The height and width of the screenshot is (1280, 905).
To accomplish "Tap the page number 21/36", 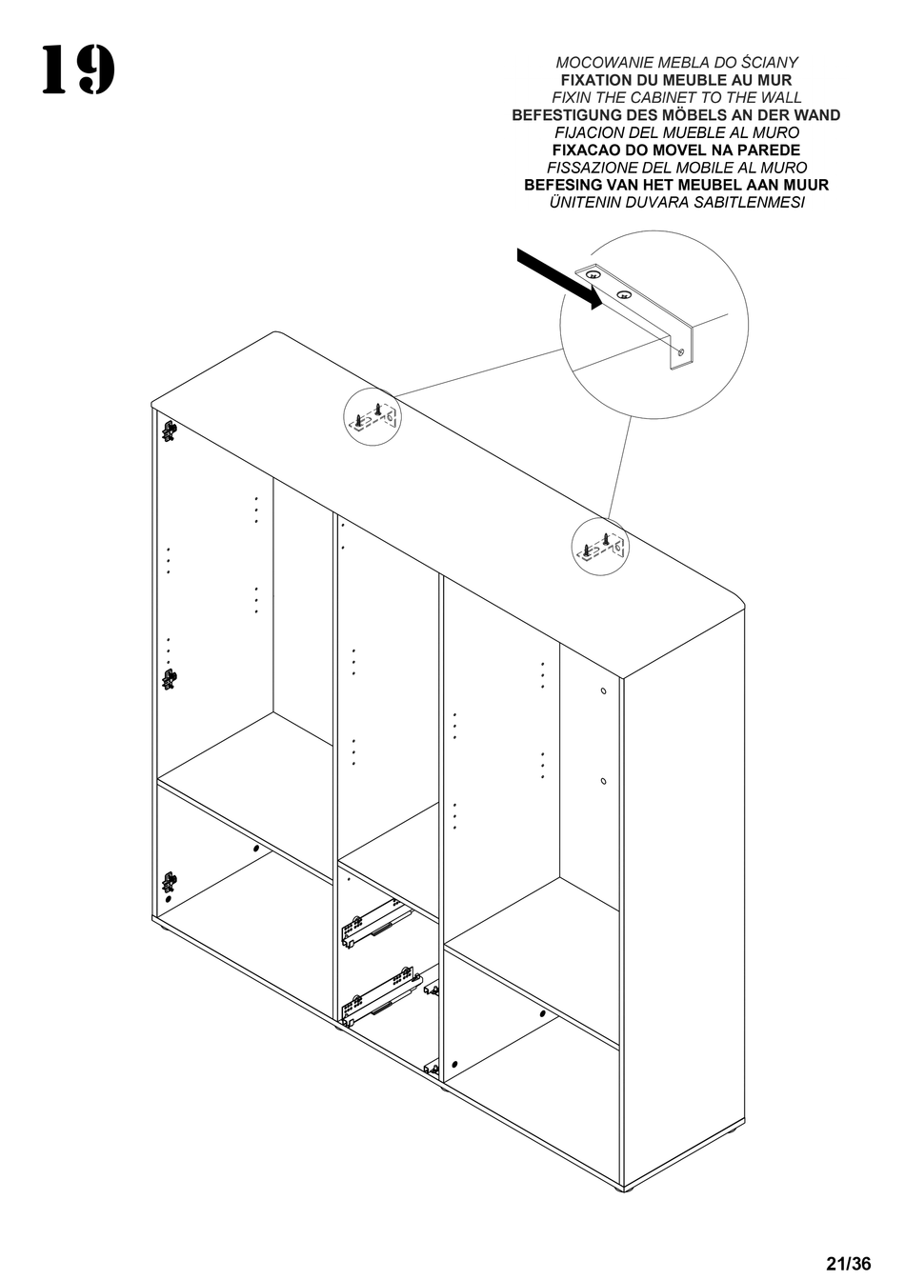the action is [848, 1264].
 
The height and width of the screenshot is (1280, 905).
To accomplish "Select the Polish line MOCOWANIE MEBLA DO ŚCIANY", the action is [676, 63].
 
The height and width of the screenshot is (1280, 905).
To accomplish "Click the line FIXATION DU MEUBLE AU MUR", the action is [676, 80].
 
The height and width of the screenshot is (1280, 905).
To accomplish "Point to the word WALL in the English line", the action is [778, 98].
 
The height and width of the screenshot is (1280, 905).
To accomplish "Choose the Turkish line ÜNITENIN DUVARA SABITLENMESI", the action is [676, 203].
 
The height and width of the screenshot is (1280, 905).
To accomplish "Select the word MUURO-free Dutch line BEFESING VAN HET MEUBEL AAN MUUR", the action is [676, 186].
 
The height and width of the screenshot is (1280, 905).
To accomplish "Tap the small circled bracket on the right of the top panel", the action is [601, 548].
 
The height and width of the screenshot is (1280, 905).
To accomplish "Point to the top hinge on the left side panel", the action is [169, 431].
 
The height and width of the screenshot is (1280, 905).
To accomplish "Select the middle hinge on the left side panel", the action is [169, 679].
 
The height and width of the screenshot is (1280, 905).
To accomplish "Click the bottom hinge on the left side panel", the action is [169, 883].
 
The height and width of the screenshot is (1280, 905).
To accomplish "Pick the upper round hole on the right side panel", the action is [604, 690].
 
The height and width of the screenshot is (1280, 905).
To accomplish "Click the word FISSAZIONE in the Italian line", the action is [588, 168].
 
